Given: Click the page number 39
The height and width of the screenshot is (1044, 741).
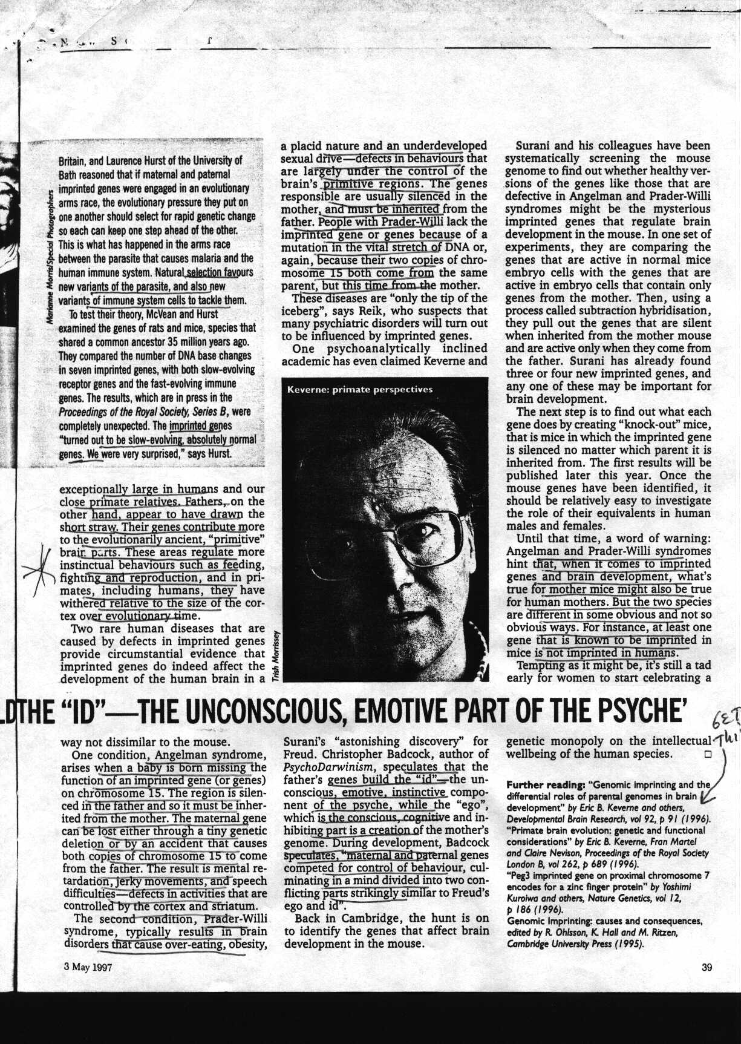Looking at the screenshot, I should coord(706,967).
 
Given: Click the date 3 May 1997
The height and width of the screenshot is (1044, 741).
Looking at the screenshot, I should coord(88,967).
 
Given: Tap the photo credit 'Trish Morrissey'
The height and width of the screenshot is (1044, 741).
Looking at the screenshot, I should coord(275,657).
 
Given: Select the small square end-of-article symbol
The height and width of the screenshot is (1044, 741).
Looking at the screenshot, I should coord(705,755).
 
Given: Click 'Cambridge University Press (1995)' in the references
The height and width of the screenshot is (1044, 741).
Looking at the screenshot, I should coord(575,944).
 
